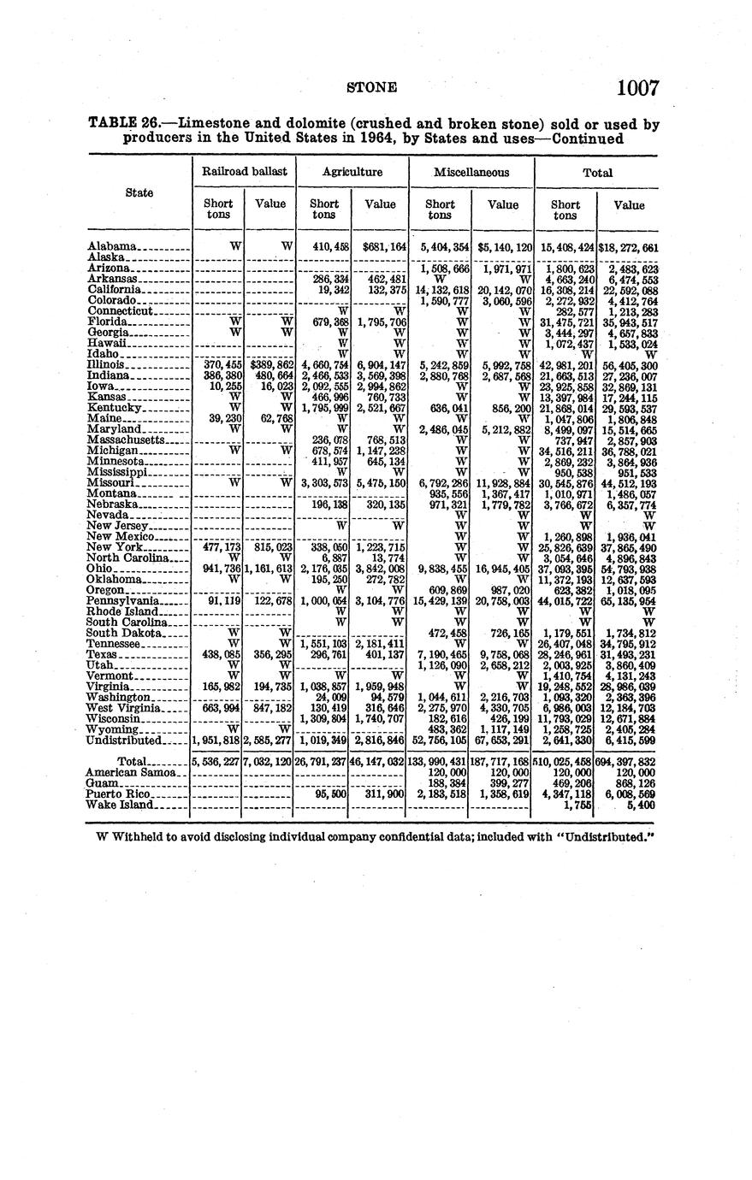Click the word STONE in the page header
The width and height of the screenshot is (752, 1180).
[372, 87]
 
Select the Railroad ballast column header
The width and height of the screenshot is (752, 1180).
[244, 172]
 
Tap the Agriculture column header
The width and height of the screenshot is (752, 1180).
[352, 172]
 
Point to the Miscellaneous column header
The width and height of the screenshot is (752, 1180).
[471, 172]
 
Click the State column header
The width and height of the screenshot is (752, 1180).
[139, 192]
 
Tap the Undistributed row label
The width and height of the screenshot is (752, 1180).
[124, 740]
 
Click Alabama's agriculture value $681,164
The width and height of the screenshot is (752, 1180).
[381, 247]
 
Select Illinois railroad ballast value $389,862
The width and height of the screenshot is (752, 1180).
[270, 364]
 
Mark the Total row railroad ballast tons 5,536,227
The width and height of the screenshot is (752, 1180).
[216, 762]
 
